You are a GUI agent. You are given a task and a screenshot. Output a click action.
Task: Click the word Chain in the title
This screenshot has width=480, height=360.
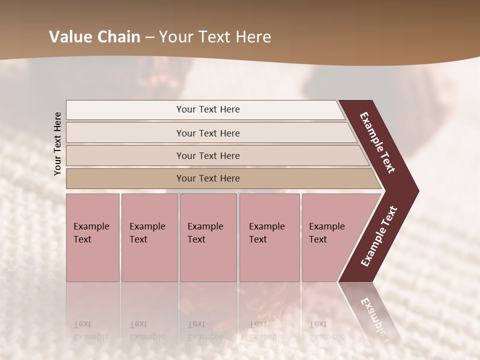(x=119, y=37)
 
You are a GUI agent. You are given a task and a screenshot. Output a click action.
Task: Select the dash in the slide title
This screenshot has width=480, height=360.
(x=149, y=37)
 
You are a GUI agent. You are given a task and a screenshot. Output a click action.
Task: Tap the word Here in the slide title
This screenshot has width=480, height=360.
(x=253, y=37)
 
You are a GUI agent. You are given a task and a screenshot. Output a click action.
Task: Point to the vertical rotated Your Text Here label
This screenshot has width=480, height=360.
(x=57, y=143)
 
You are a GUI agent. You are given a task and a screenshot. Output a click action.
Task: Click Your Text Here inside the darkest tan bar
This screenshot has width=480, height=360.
(x=208, y=178)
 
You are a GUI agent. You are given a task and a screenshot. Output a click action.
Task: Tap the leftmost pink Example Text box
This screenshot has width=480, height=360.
(x=93, y=237)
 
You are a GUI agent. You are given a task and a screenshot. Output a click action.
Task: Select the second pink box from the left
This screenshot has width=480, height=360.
(x=149, y=237)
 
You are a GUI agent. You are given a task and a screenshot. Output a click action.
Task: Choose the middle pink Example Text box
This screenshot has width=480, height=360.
(x=208, y=237)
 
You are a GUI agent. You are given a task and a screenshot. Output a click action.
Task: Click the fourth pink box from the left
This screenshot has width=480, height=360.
(x=269, y=237)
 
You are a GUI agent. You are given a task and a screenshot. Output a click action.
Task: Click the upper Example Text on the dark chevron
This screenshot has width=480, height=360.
(x=377, y=142)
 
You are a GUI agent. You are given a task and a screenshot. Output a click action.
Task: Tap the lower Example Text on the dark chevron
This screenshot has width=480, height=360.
(x=379, y=236)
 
